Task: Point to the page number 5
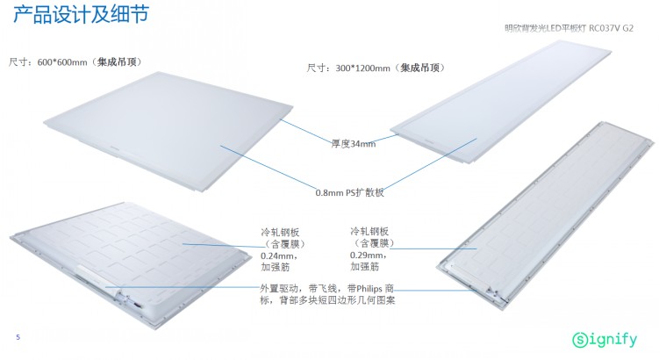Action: click(x=17, y=337)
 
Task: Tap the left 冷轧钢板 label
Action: click(x=277, y=233)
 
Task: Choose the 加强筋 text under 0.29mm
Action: click(x=364, y=264)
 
